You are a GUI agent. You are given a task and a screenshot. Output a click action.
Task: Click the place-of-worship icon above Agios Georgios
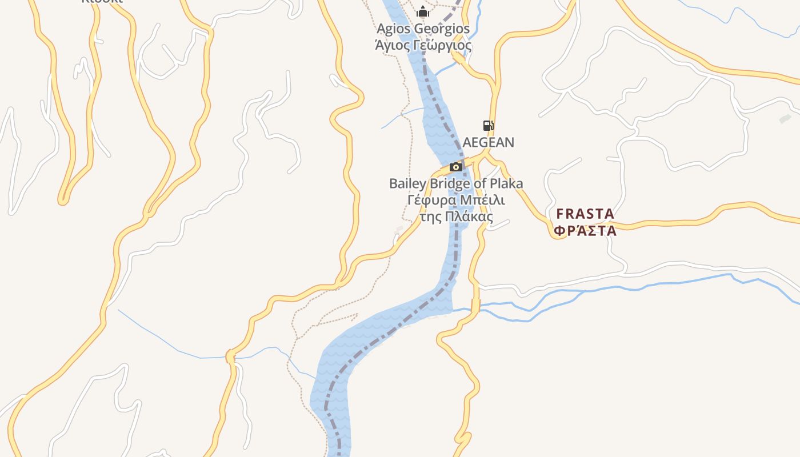422,11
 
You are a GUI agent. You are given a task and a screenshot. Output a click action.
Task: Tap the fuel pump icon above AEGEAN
488,126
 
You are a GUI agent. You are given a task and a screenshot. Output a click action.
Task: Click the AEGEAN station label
489,142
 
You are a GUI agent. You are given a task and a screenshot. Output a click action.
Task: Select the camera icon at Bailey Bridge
456,167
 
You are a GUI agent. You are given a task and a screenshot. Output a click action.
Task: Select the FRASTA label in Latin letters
586,214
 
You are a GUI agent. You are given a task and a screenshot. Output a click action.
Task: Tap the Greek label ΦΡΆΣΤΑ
586,231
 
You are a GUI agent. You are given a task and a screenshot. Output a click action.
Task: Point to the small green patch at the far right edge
785,119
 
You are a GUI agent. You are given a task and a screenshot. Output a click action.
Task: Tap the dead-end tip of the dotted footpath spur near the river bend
358,314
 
